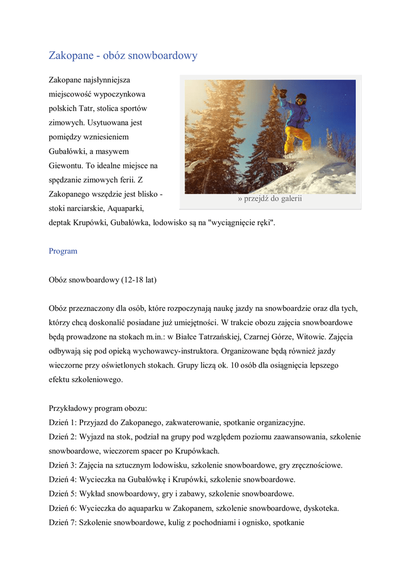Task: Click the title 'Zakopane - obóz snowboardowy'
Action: point(123,56)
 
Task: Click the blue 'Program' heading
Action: point(63,251)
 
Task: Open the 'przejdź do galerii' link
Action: point(270,199)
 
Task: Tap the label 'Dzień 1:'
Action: point(63,423)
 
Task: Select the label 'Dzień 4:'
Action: point(63,479)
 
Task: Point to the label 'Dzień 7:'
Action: point(63,523)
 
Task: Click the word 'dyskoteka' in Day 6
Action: point(321,508)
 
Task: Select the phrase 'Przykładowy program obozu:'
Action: point(97,409)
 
